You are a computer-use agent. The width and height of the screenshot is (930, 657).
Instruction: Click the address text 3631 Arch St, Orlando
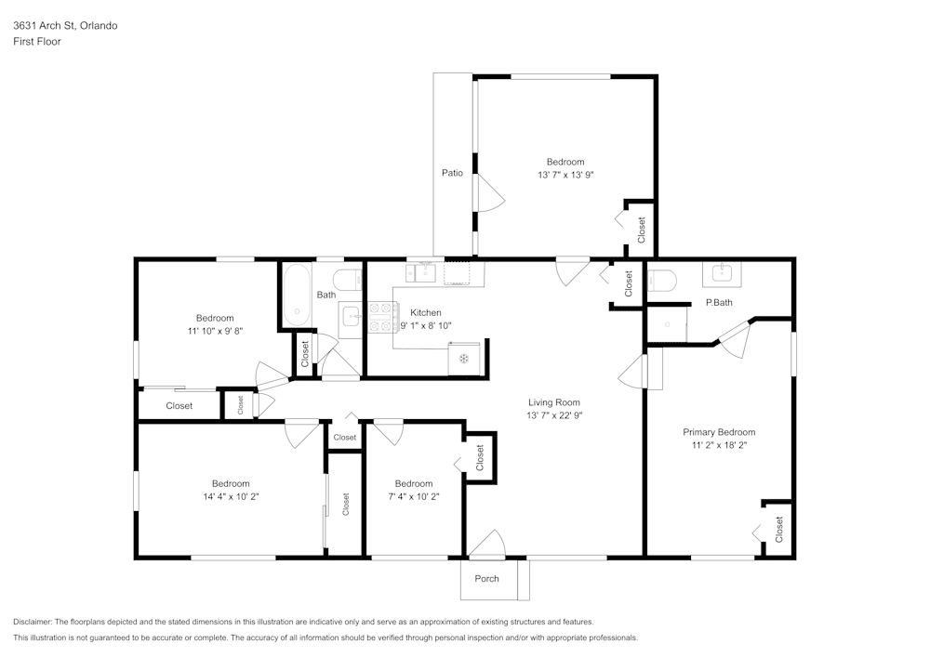coord(65,26)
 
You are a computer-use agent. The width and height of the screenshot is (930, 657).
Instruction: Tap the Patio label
coord(452,173)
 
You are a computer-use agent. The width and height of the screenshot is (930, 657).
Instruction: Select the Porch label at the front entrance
coord(486,579)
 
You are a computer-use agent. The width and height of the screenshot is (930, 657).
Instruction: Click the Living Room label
coord(554,402)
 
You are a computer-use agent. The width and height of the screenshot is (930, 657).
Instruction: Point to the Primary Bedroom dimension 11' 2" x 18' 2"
coord(719,445)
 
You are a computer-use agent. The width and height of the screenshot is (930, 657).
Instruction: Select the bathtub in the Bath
coord(298,296)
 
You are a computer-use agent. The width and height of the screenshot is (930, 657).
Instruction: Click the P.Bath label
coord(719,302)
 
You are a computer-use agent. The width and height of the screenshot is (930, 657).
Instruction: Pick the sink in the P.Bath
coord(723,273)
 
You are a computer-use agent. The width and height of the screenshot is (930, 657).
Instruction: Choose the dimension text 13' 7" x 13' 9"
coord(565,175)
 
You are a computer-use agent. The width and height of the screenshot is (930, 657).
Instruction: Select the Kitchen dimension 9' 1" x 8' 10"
coord(426,326)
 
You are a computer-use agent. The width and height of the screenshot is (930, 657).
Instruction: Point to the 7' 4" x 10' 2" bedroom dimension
coord(413,496)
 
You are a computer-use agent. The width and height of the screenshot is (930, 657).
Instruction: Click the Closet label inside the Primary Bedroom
coord(779,530)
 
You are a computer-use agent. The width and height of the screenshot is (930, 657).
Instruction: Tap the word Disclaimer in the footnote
coord(33,622)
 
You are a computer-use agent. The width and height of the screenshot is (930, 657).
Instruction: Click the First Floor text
coord(37,42)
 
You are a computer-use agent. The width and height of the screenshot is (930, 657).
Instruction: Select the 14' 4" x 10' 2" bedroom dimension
coord(230,496)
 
